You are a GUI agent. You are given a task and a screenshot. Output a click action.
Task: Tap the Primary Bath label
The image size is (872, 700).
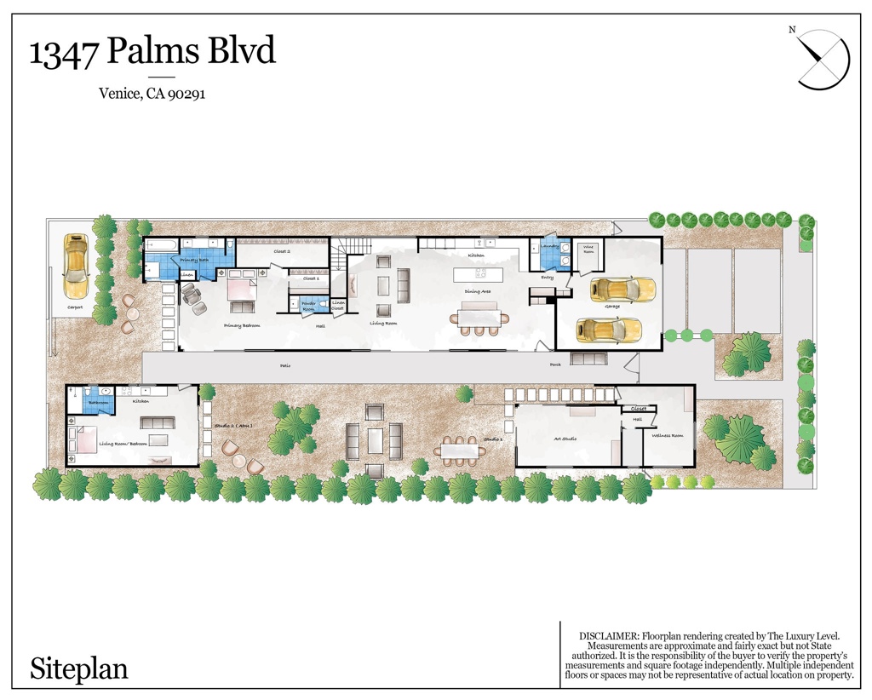(x=194, y=260)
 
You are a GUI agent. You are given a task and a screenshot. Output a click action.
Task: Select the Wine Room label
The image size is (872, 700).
(x=588, y=250)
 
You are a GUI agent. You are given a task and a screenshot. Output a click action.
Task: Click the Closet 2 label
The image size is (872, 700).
(x=282, y=252)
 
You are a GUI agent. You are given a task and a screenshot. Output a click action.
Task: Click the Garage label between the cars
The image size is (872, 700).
(x=611, y=307)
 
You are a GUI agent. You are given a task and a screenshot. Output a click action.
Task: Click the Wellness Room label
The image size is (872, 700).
(x=668, y=435)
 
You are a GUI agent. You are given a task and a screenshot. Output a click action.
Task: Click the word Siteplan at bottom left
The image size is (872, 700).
(x=79, y=668)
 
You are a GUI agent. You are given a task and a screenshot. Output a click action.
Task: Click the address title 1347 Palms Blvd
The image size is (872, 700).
(x=153, y=52)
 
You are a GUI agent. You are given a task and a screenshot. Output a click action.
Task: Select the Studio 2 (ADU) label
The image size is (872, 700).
(x=232, y=425)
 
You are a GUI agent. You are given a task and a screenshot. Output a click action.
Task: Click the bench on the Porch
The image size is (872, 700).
(x=588, y=359)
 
